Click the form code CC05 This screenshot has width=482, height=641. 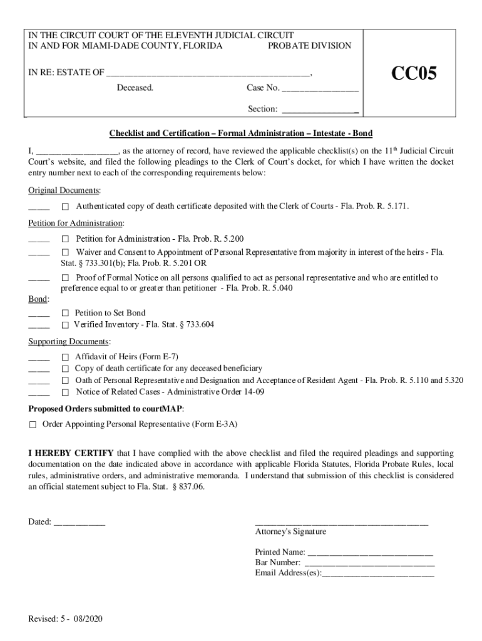(414, 74)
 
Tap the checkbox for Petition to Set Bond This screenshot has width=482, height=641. (64, 313)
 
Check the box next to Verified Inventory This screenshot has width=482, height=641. (64, 326)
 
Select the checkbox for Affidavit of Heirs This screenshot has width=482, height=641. (64, 357)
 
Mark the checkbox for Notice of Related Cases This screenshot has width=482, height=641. (64, 392)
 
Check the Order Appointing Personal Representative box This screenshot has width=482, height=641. (33, 424)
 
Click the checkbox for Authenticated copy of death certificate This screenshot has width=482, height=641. (64, 207)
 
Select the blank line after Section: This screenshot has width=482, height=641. (320, 110)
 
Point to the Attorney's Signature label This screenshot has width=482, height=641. (290, 531)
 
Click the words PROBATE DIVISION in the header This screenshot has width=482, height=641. (309, 46)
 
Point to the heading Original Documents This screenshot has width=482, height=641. (64, 190)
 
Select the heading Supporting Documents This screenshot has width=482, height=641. (69, 342)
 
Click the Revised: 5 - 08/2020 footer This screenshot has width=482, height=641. (65, 619)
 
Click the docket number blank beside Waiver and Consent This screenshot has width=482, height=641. (39, 253)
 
